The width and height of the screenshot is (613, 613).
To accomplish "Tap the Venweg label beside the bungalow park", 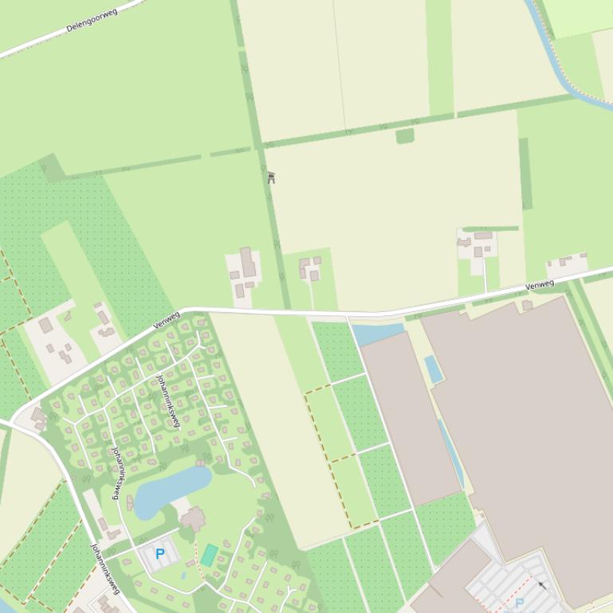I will point(166,320).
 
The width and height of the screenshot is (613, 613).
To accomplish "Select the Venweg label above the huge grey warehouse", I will point(540,284).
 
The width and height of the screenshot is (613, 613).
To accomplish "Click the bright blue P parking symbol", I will point(160,553).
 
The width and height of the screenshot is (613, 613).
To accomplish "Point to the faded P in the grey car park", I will point(520,603).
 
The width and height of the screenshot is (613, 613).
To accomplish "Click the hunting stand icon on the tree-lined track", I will point(271,178).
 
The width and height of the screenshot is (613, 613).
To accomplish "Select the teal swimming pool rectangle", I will point(209,555).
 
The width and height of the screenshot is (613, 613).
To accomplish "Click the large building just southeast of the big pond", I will point(193,519).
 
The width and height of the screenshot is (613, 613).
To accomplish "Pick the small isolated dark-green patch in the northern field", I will point(405,136).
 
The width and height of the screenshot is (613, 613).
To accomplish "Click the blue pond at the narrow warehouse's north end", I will point(376,333).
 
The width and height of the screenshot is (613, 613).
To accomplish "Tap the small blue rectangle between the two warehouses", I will point(434,369).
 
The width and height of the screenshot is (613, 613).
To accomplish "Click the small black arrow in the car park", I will point(543,586).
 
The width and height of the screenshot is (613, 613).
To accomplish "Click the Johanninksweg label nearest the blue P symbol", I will point(105,568).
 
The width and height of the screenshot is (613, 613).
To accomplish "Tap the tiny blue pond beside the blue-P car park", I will point(184,572).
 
